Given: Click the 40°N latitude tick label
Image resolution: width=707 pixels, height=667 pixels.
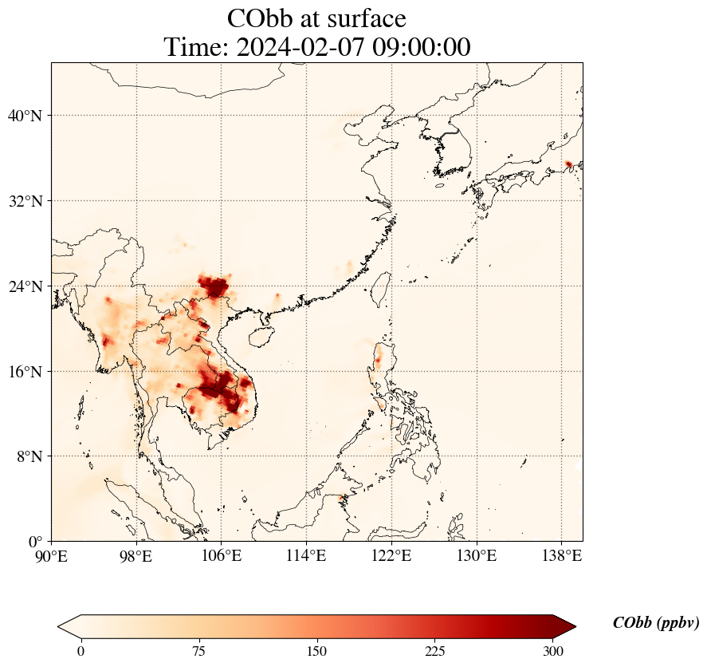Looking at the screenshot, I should pos(26,116).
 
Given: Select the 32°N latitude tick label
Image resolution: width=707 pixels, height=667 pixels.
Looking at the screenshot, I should pos(26,201).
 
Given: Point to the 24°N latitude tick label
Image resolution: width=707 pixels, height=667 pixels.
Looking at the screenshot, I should pos(26,286).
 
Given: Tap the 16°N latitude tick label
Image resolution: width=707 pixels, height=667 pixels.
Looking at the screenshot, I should pos(26,372).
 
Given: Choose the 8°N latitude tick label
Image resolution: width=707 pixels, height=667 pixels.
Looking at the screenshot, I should pos(29,456).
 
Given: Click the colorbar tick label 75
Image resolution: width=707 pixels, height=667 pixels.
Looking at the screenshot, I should pos(199,651).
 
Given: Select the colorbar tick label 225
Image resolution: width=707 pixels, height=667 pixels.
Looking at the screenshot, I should pos(435,651).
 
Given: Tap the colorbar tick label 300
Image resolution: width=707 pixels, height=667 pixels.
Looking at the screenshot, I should pos(553,651).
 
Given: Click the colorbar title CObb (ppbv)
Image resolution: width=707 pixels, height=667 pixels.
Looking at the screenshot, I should pos(655,623).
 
